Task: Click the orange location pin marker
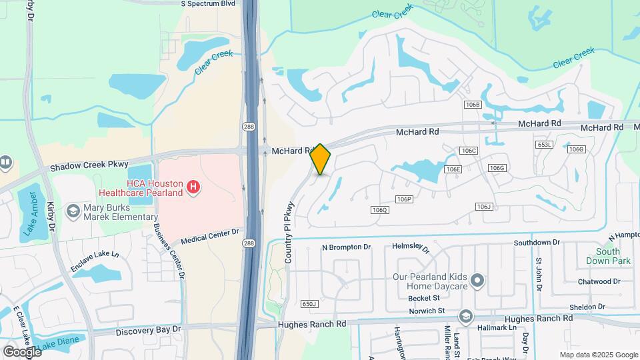(321, 159)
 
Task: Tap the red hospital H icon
(193, 187)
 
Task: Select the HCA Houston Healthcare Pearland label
(154, 188)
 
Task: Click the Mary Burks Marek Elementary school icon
(71, 211)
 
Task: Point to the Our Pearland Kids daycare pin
(477, 281)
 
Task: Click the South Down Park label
(608, 256)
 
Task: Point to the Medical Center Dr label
(209, 236)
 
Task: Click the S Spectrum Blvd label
(209, 3)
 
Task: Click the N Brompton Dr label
(346, 247)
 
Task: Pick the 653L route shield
(545, 145)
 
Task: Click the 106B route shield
(473, 105)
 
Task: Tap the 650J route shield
(309, 304)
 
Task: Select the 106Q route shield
(379, 210)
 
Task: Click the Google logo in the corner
(22, 351)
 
